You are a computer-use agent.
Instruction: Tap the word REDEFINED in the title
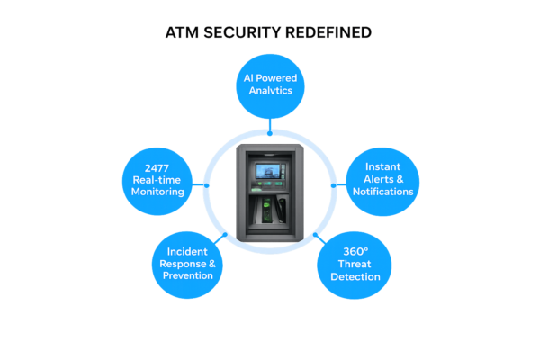328,32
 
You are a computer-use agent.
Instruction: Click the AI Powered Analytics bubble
270,86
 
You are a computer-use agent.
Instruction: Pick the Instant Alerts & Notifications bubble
382,182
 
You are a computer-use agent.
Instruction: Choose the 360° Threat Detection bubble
355,265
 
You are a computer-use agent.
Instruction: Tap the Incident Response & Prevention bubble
187,265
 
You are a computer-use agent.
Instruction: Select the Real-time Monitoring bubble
157,182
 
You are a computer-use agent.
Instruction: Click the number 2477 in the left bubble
157,168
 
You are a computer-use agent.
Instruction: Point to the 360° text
355,251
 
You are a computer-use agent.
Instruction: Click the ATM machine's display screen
268,172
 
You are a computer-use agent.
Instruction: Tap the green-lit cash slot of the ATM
267,210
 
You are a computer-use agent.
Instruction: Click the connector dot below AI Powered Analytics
270,133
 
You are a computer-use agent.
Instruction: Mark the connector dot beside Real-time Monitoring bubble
207,185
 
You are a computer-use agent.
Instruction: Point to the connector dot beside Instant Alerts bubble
333,185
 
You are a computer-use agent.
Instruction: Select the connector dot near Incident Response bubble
225,235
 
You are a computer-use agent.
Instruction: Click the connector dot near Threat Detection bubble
315,235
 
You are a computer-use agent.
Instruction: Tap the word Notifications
383,192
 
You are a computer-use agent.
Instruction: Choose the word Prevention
188,275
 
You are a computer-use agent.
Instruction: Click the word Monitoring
157,192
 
